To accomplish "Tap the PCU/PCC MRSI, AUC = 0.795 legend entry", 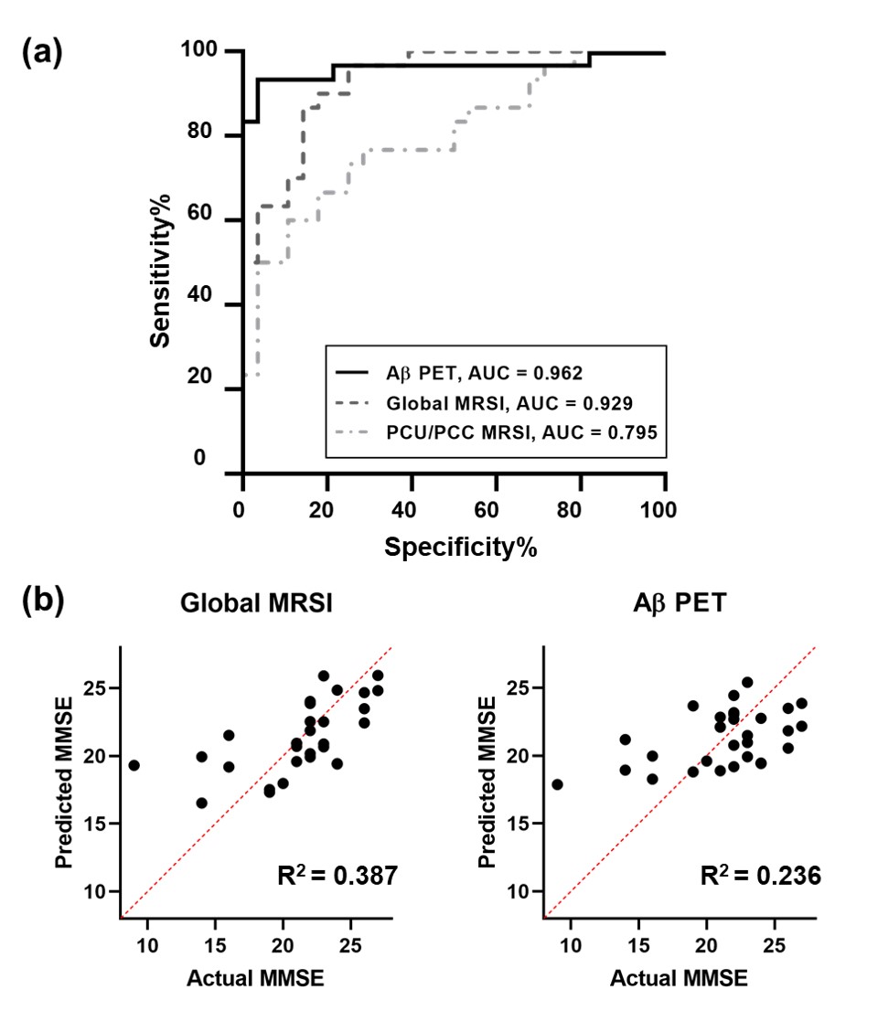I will (x=494, y=432).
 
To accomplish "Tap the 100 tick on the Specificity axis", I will (x=664, y=508).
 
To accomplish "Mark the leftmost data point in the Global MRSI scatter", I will (x=134, y=765).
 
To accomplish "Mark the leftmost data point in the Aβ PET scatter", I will (x=557, y=784).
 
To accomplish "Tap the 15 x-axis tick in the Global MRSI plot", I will (x=216, y=941).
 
